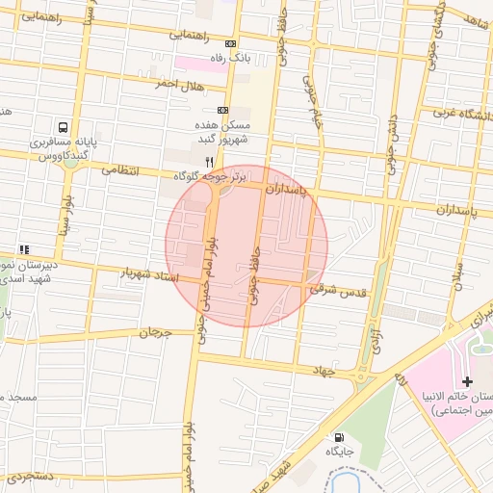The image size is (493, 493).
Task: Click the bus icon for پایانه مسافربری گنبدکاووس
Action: (x=63, y=127)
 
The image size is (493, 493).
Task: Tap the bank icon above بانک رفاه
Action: (x=230, y=44)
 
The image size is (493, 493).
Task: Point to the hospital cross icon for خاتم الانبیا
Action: (x=467, y=382)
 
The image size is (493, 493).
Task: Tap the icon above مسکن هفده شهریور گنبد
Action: (x=223, y=111)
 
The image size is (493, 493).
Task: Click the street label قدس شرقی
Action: (x=335, y=287)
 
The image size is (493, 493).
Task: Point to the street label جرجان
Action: (x=154, y=333)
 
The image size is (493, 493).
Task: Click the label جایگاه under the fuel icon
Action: (x=340, y=451)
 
